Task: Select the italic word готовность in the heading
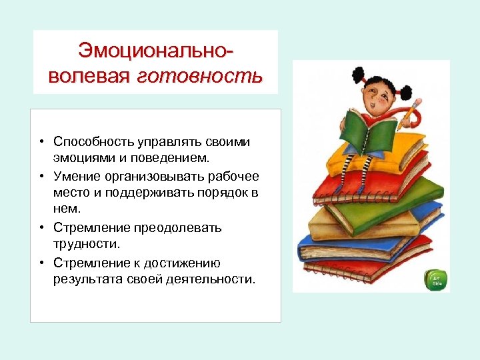pyautogui.click(x=200, y=75)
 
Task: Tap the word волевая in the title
pyautogui.click(x=90, y=75)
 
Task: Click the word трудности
pyautogui.click(x=84, y=245)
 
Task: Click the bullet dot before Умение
pyautogui.click(x=41, y=176)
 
